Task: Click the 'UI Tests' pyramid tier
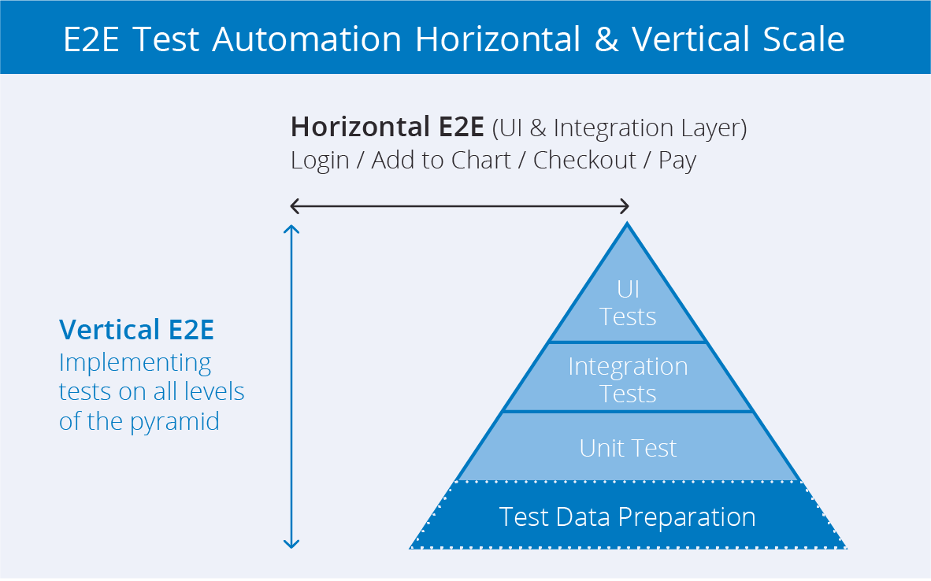pyautogui.click(x=628, y=303)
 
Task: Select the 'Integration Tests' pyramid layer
pyautogui.click(x=628, y=379)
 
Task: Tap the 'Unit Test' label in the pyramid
pyautogui.click(x=628, y=448)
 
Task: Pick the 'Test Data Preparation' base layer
pyautogui.click(x=628, y=517)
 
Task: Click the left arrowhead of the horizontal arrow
pyautogui.click(x=294, y=206)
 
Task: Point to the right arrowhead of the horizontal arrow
pyautogui.click(x=625, y=206)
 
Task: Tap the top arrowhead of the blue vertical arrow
pyautogui.click(x=291, y=229)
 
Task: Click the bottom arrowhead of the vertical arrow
pyautogui.click(x=291, y=544)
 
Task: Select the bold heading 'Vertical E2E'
pyautogui.click(x=136, y=330)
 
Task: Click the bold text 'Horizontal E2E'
pyautogui.click(x=388, y=128)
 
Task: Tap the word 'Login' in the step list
pyautogui.click(x=320, y=161)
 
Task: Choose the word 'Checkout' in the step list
pyautogui.click(x=584, y=161)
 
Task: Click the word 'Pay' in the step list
pyautogui.click(x=677, y=161)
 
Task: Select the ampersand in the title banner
pyautogui.click(x=606, y=39)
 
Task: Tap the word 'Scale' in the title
pyautogui.click(x=802, y=39)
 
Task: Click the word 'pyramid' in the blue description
pyautogui.click(x=174, y=422)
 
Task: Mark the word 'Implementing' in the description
pyautogui.click(x=135, y=363)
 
